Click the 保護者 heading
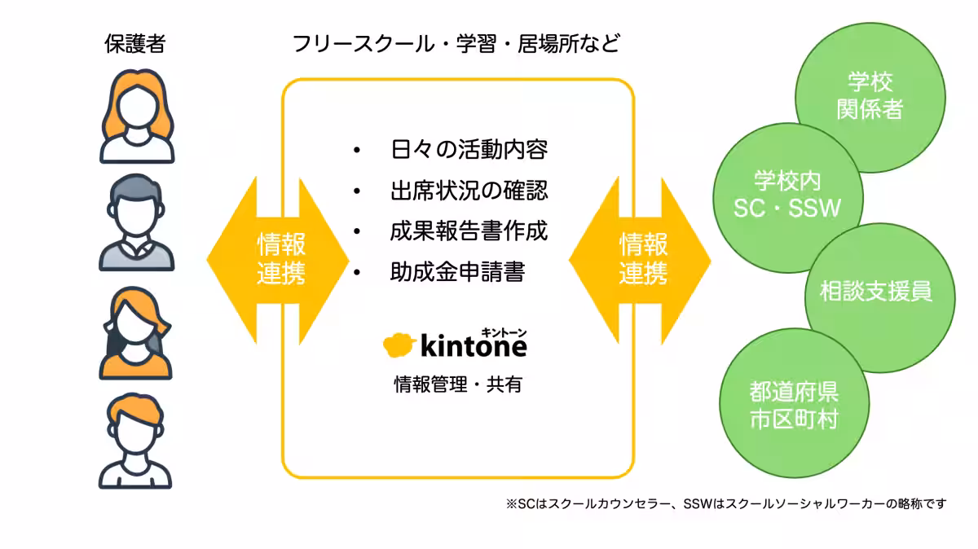coord(135,43)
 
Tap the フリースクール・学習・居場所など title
coord(456,43)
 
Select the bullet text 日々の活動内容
coord(469,151)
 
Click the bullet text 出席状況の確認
coord(469,191)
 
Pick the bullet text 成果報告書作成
coord(469,231)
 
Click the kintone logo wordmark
coord(474,345)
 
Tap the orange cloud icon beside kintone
coord(399,345)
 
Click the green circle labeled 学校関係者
coord(870,96)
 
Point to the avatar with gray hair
coord(136,224)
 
